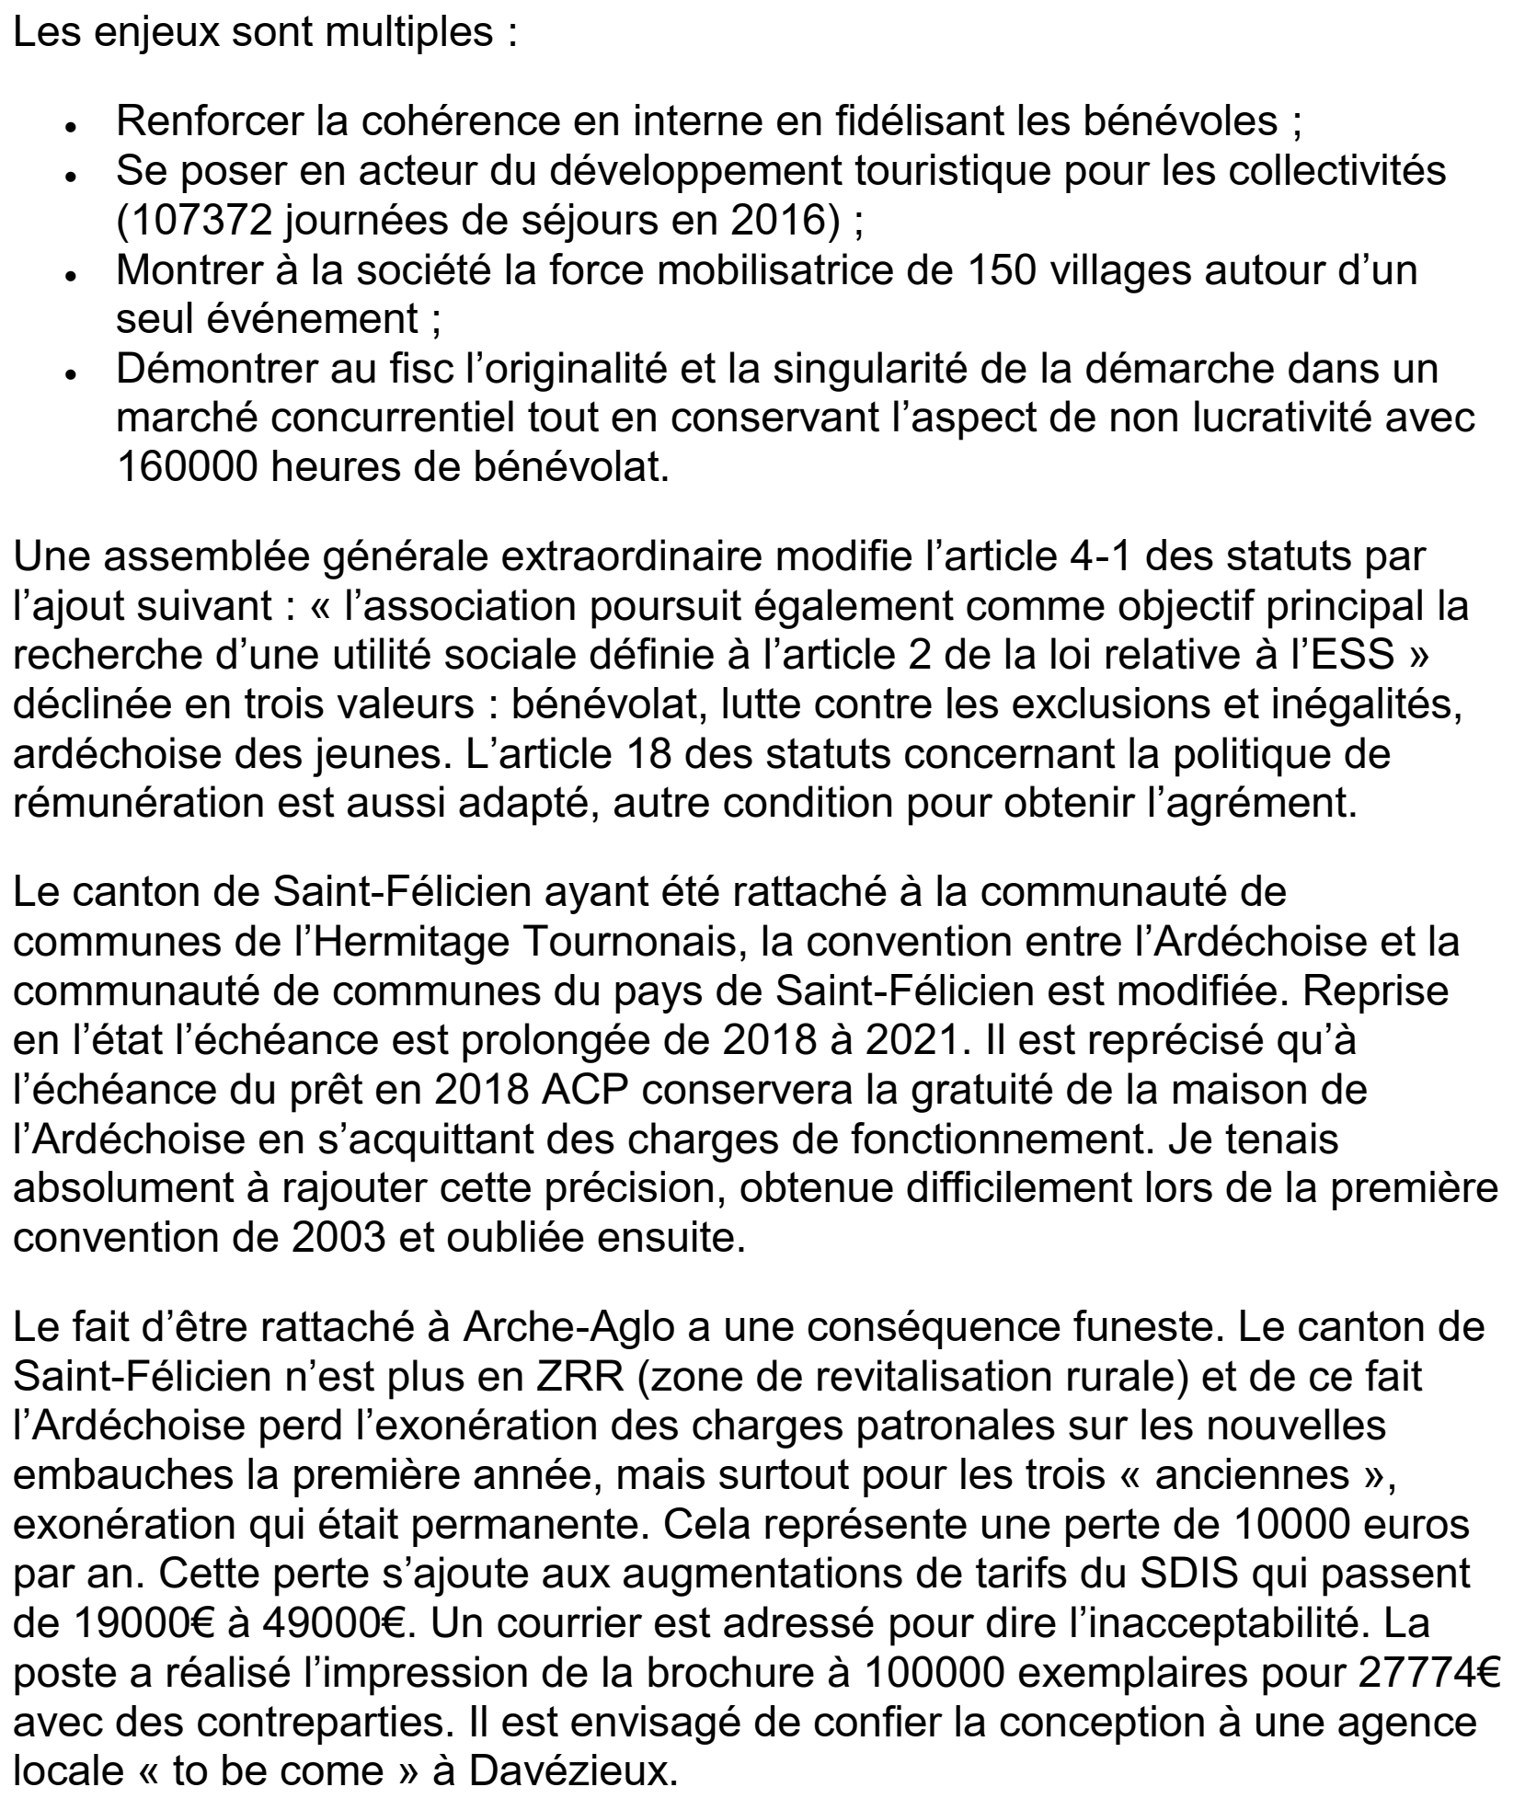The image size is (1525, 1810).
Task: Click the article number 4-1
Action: [x=1045, y=557]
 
